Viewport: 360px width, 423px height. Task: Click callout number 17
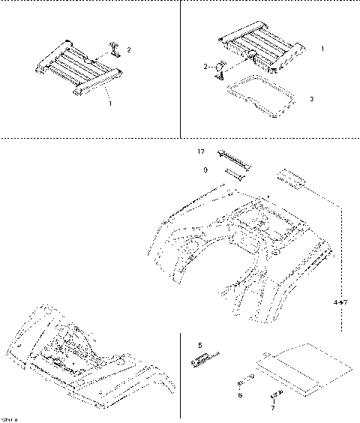click(200, 151)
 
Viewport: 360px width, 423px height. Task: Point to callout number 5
click(200, 346)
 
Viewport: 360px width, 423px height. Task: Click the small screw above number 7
click(274, 393)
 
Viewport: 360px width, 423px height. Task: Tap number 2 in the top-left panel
click(128, 50)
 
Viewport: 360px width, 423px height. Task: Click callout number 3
click(311, 99)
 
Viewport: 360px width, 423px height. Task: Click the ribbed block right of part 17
click(292, 178)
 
